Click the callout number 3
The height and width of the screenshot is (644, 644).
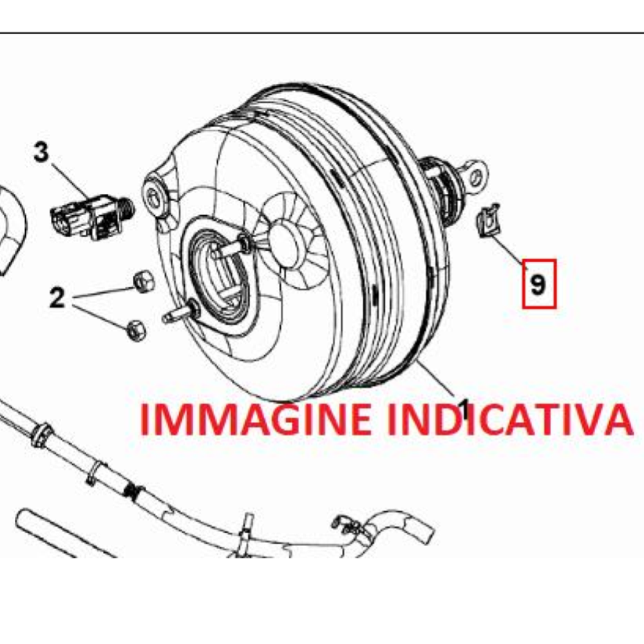point(41,152)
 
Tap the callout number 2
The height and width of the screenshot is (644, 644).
point(57,298)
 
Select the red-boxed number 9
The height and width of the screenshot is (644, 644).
point(539,284)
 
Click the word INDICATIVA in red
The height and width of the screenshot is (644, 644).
point(509,419)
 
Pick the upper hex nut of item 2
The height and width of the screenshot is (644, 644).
point(144,281)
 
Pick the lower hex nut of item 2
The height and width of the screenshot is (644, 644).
point(137,329)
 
